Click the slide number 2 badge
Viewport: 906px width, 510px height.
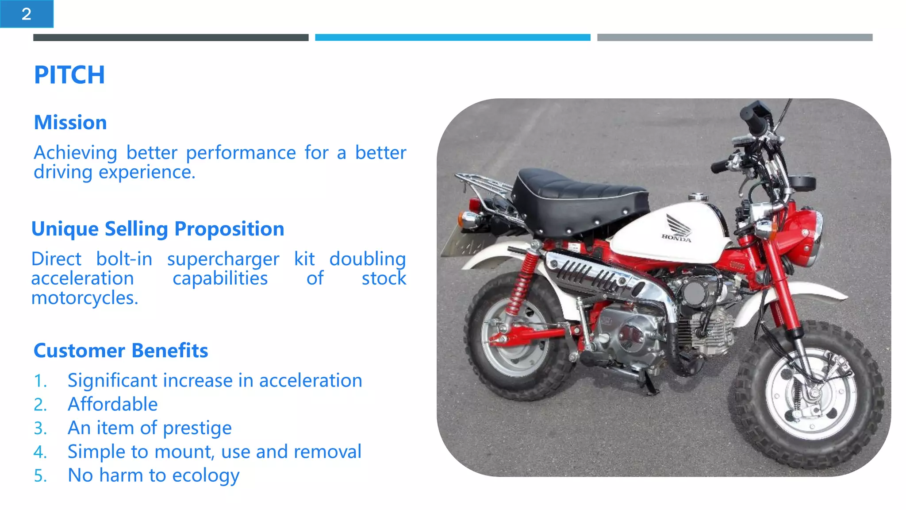tap(27, 14)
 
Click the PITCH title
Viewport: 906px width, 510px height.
tap(69, 75)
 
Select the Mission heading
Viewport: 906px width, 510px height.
tap(70, 123)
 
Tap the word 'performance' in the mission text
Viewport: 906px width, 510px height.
tap(241, 153)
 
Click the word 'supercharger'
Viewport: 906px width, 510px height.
tap(223, 259)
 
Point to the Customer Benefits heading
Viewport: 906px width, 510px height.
tap(121, 351)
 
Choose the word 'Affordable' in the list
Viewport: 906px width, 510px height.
tap(112, 404)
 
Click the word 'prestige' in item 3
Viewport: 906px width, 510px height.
tap(197, 429)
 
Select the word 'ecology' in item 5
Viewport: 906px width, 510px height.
tap(206, 476)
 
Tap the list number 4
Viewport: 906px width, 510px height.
tap(40, 452)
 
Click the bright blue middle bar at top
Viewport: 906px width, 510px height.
tap(453, 38)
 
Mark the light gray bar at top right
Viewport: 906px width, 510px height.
tap(734, 38)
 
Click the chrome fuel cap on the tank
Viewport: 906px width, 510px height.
tap(698, 197)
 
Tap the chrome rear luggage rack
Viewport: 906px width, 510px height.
tap(482, 186)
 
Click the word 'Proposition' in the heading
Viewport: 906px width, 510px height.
tap(229, 229)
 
